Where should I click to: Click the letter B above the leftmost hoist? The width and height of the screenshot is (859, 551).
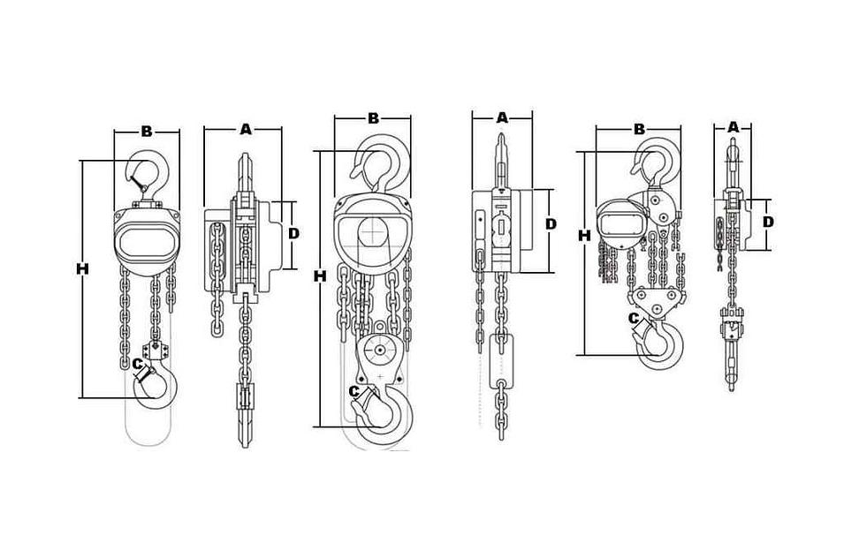[x=147, y=132]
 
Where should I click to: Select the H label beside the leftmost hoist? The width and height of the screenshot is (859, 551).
[x=83, y=268]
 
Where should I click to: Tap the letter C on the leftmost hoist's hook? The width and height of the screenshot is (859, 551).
[x=138, y=363]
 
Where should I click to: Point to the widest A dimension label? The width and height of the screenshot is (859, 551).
[x=246, y=129]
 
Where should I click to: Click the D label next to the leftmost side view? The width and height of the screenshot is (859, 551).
[x=294, y=234]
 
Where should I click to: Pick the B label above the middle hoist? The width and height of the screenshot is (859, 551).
[x=373, y=118]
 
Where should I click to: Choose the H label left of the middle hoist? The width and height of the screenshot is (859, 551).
[x=320, y=276]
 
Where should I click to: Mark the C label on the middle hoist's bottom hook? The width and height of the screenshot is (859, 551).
[x=354, y=390]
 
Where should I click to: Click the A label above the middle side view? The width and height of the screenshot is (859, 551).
[x=502, y=117]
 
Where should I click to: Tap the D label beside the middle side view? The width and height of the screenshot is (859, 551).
[x=551, y=223]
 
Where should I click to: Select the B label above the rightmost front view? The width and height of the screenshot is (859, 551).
[x=639, y=129]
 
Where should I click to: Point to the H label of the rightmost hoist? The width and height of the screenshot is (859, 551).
[x=585, y=236]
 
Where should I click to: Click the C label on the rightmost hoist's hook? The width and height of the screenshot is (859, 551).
[x=634, y=318]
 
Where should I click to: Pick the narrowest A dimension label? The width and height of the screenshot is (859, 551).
[x=733, y=127]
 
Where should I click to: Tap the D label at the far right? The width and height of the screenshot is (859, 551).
[x=769, y=222]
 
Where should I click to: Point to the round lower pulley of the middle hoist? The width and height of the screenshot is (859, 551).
[x=378, y=350]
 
